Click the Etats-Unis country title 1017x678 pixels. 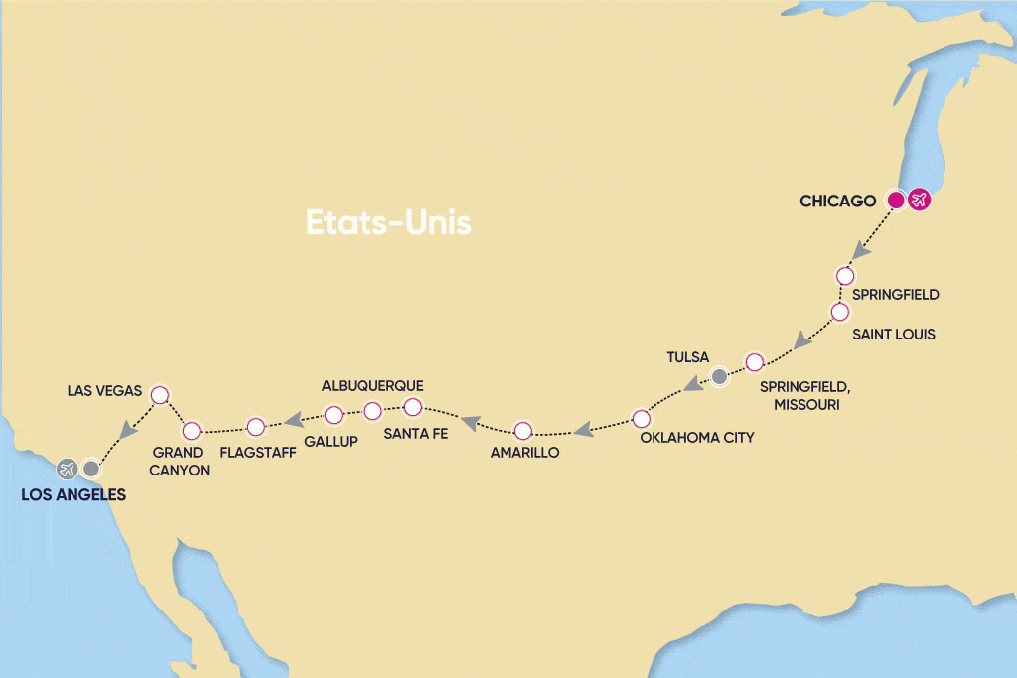387,222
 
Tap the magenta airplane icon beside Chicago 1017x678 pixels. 920,201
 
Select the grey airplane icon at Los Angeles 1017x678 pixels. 68,468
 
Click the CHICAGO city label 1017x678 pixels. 837,202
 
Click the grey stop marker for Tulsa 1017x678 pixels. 720,376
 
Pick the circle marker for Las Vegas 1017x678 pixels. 158,395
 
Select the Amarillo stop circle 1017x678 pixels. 523,431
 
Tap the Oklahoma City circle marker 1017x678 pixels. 642,417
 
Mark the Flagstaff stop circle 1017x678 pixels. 255,427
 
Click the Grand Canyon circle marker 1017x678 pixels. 192,430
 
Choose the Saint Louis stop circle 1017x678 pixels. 839,312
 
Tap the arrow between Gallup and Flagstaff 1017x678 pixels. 294,421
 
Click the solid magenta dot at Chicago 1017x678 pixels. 895,201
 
